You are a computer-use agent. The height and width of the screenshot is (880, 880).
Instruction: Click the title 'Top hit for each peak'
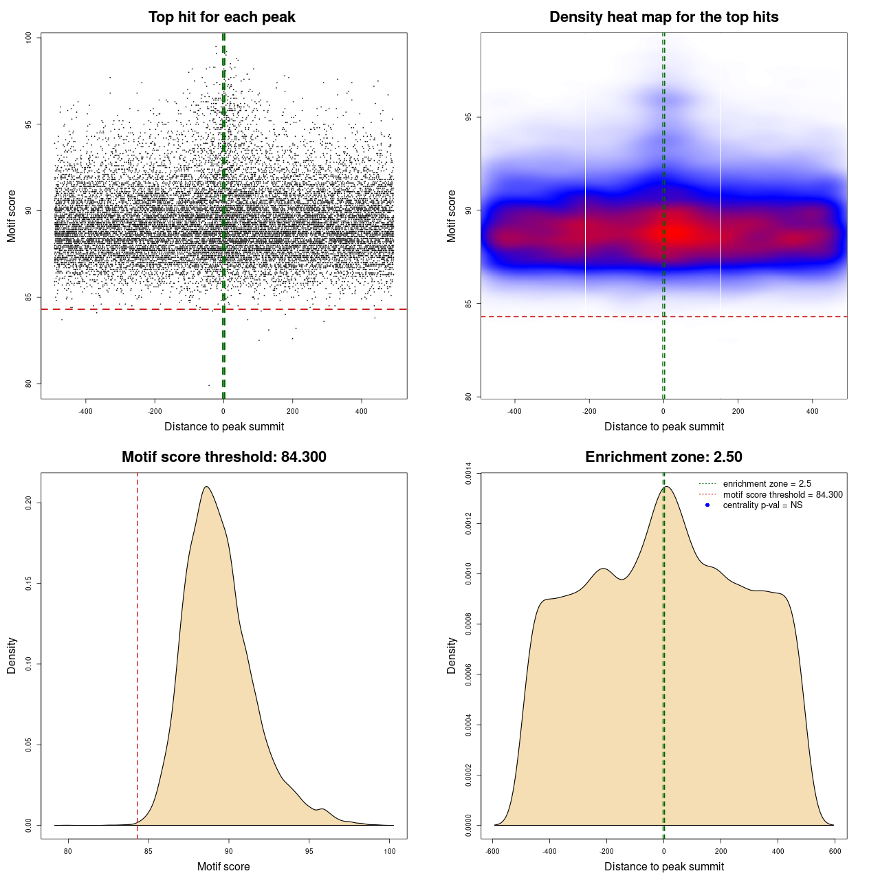pos(221,17)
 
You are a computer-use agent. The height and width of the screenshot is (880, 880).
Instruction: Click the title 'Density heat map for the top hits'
pos(663,17)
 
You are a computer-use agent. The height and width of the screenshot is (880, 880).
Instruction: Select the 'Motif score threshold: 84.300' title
pos(223,457)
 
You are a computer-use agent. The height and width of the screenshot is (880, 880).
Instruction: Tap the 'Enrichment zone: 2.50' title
pos(663,457)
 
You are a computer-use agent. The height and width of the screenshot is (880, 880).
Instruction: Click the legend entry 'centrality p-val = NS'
pos(762,505)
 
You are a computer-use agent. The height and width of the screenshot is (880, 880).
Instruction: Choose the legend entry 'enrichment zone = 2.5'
pos(767,484)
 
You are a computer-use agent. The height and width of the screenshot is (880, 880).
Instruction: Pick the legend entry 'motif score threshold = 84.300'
pos(782,495)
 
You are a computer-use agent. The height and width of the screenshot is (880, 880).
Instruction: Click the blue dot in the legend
pos(707,505)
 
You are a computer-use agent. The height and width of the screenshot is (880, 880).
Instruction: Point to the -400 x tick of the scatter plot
pos(85,411)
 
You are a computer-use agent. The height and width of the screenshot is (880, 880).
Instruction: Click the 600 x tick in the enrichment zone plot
pos(835,851)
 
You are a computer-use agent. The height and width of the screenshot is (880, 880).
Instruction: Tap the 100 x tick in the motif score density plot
pos(390,851)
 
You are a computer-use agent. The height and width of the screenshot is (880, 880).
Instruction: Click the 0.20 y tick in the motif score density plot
pos(29,503)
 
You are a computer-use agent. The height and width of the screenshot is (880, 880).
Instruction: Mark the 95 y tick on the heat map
pos(469,118)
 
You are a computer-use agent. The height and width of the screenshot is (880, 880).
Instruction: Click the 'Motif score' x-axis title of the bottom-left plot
pos(223,866)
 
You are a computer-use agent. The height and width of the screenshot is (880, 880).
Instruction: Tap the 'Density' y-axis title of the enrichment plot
pos(452,655)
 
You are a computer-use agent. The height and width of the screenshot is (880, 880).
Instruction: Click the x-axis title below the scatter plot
pos(224,426)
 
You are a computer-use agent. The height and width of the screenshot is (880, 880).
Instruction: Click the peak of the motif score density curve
pos(206,487)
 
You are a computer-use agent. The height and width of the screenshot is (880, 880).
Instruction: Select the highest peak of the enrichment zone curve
pos(665,487)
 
